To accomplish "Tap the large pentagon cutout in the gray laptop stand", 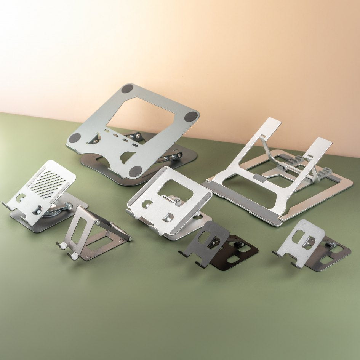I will pyautogui.click(x=141, y=115).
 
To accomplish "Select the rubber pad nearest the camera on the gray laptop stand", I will pyautogui.click(x=135, y=171).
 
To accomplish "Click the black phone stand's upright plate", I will pyautogui.click(x=208, y=240).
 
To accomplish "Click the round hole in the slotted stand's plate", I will pyautogui.click(x=21, y=198).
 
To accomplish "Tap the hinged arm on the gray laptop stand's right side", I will pyautogui.click(x=173, y=157).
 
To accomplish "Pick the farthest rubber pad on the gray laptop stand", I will pyautogui.click(x=127, y=88).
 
